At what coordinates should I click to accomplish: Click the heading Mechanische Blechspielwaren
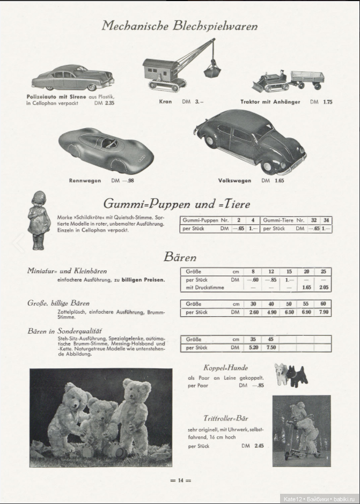[x=180, y=26]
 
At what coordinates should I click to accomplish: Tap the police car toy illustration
[x=72, y=78]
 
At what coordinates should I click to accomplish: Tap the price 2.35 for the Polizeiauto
[x=110, y=102]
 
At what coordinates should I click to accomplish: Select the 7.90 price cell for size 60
[x=323, y=312]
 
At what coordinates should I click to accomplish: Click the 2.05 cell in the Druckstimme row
[x=323, y=287]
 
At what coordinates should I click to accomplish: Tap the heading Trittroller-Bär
[x=226, y=418]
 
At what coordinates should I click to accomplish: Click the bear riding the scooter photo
[x=302, y=430]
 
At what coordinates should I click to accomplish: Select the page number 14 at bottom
[x=180, y=480]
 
